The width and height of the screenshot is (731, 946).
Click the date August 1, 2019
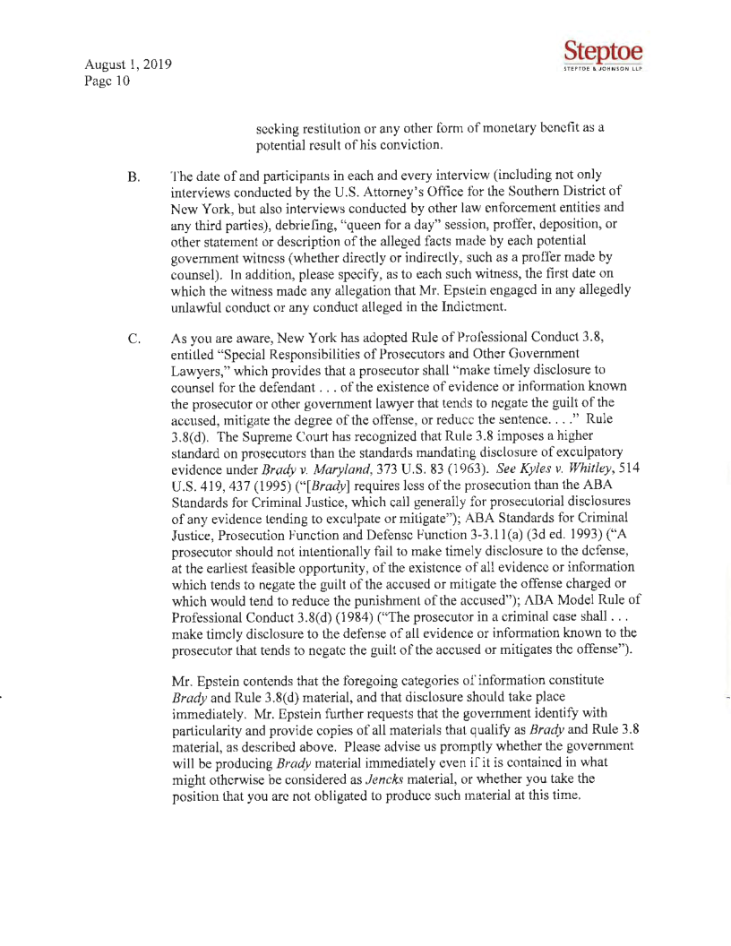pyautogui.click(x=124, y=66)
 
